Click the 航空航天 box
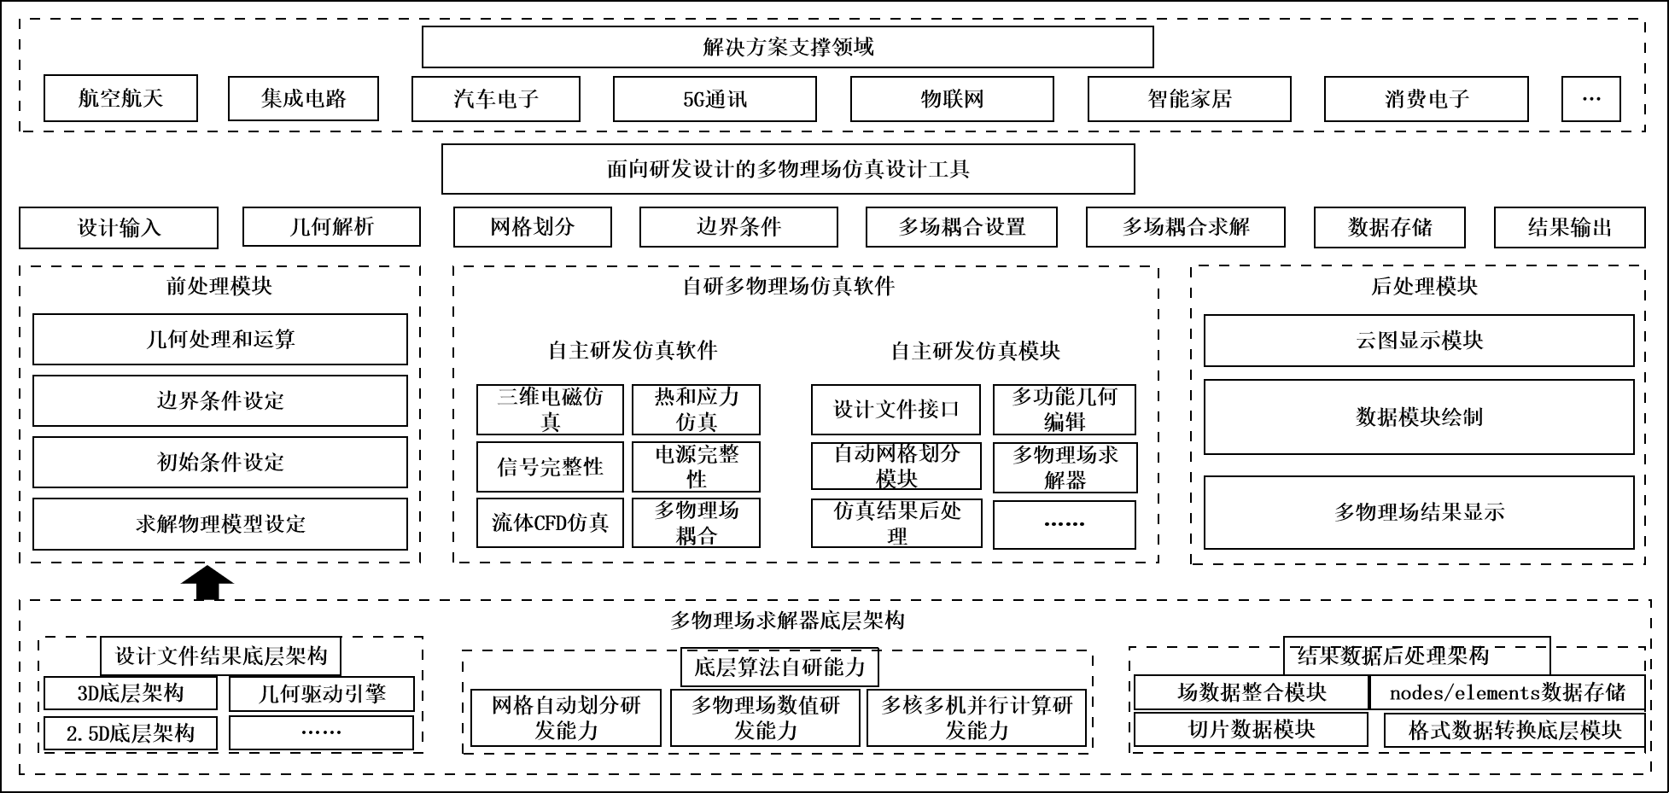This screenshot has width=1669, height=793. point(120,98)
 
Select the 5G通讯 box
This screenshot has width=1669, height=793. point(715,99)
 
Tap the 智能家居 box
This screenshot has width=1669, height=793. point(1189,99)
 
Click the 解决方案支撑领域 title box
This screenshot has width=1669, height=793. point(787,47)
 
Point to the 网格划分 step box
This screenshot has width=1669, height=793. point(532,227)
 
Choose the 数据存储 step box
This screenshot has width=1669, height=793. point(1389,227)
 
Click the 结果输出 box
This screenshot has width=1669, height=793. point(1569,227)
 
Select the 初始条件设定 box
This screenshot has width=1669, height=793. point(220,462)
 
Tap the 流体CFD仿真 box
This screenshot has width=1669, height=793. point(550,522)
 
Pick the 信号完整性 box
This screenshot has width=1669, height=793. point(550,466)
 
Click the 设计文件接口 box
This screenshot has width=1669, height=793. point(896,410)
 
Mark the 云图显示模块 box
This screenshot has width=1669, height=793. point(1419,341)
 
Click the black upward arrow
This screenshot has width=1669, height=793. point(207,584)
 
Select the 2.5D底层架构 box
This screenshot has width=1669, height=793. point(130,733)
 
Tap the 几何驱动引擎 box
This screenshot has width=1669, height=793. point(322,694)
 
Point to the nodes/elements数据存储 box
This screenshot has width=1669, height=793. point(1507,692)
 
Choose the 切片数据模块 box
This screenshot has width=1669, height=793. point(1251,730)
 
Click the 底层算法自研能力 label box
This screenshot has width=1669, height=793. point(779,667)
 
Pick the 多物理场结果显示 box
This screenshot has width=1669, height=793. point(1419,512)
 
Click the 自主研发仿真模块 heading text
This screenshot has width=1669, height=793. point(975,350)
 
